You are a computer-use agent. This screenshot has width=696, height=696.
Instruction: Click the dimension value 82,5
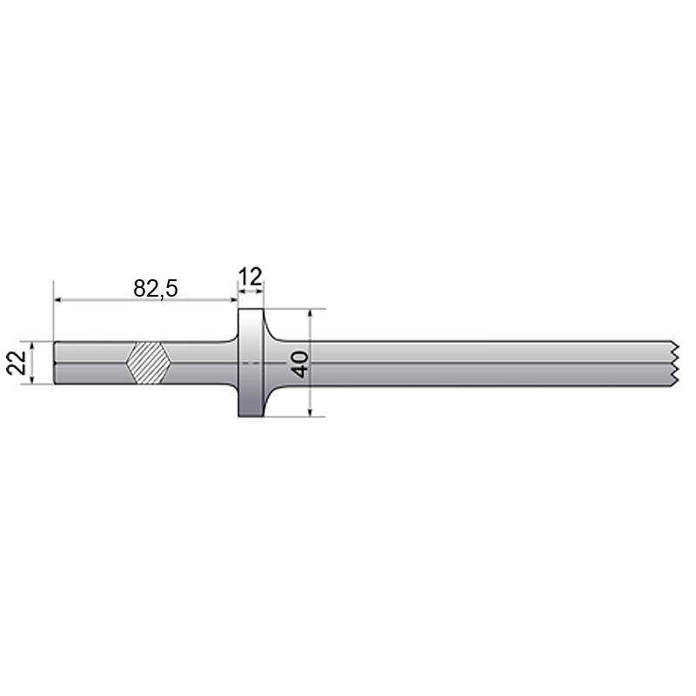coord(156,288)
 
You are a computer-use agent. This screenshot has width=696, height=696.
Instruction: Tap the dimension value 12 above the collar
coord(251,278)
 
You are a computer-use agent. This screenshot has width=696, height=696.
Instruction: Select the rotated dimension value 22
coord(16,363)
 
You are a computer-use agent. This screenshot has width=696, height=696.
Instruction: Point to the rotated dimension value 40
coord(301,363)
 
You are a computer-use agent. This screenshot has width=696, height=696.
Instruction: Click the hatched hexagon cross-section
coord(147,363)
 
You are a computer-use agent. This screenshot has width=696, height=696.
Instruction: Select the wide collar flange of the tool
coord(251,363)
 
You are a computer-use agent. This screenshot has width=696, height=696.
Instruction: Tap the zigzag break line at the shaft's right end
coord(674,363)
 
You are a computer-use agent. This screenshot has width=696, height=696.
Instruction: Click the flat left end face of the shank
coord(55,363)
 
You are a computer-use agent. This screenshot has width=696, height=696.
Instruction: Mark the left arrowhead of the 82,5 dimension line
coord(59,300)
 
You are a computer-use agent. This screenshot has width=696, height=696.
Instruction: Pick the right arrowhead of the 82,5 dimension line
coord(233,300)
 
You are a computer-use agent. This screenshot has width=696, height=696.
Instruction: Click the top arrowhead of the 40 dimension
coord(311,314)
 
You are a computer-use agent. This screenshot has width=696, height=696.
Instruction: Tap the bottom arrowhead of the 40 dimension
coord(311,411)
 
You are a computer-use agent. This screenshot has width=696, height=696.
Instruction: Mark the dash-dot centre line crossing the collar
coord(251,362)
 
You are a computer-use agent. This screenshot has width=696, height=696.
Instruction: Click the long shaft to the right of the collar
coord(478,363)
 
